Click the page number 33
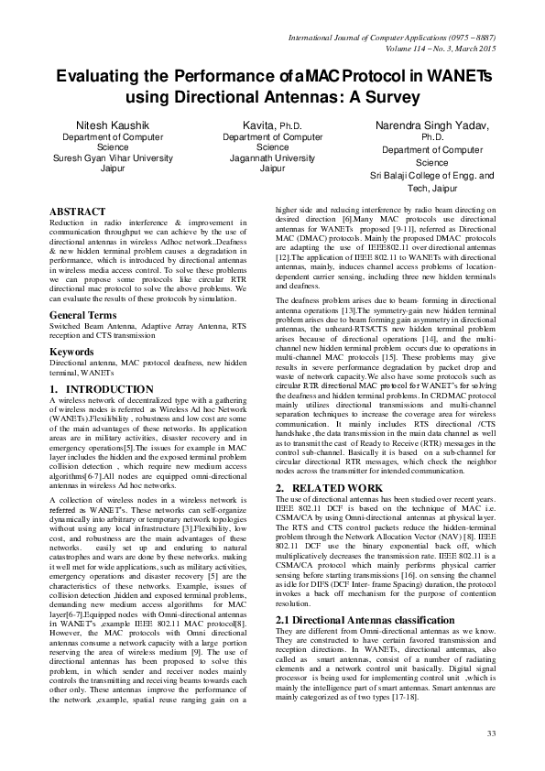tap(491, 733)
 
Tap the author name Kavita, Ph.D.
tap(272, 125)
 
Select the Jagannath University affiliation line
tap(272, 157)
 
